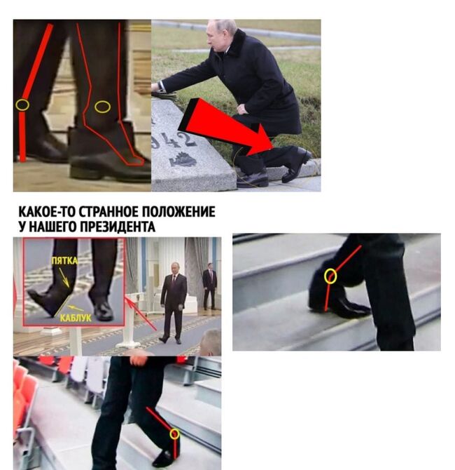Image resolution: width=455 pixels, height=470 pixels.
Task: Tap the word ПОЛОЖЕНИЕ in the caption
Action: click(178, 212)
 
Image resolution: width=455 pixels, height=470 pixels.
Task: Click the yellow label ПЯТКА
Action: click(64, 261)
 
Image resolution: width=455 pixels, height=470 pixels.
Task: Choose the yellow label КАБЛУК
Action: click(76, 318)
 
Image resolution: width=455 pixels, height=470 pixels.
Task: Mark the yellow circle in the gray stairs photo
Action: click(330, 276)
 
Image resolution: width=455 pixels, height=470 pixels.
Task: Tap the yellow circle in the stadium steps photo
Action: click(175, 434)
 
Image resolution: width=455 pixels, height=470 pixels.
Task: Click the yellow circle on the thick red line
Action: click(22, 105)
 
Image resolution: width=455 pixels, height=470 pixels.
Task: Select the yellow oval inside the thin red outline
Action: click(103, 107)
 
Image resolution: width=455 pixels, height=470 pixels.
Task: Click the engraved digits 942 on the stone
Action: click(174, 140)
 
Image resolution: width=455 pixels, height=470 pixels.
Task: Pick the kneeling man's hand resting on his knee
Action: click(241, 109)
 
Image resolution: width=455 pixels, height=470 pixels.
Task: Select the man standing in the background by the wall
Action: click(210, 286)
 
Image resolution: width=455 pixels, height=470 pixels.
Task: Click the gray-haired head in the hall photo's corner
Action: click(211, 342)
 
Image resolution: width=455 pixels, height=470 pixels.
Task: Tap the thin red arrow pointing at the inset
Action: click(141, 314)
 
